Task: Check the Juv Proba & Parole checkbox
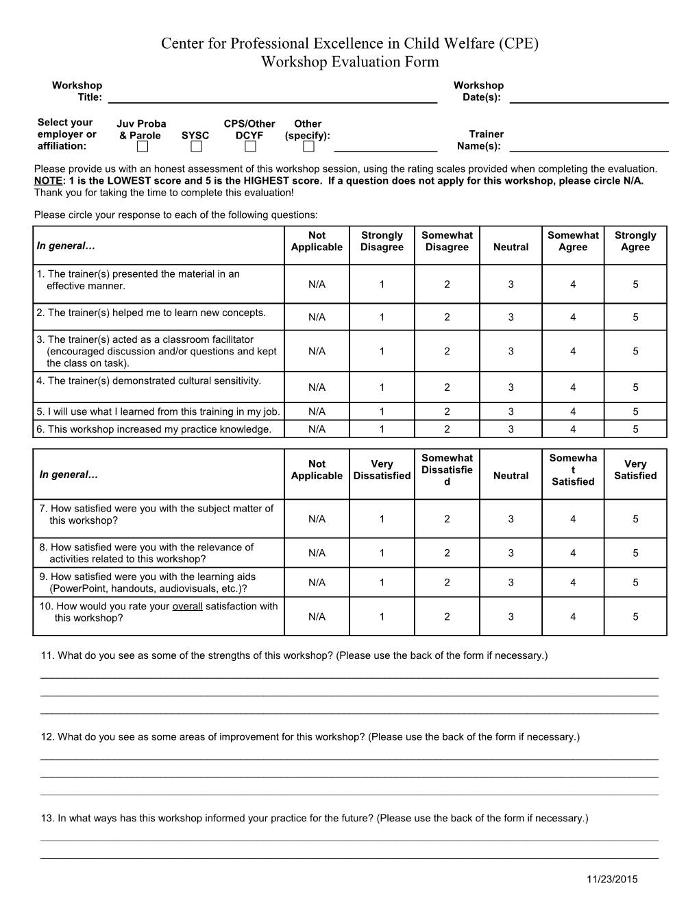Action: [x=142, y=147]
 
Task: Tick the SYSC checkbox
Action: [x=197, y=147]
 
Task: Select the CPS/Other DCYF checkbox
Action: [x=250, y=147]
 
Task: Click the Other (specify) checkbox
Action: [x=309, y=147]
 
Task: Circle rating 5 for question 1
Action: [x=635, y=285]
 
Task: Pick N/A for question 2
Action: [x=317, y=317]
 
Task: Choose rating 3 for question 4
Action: [x=511, y=387]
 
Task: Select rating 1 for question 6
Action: [x=382, y=429]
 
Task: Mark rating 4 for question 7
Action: [x=573, y=519]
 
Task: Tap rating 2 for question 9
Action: [x=447, y=583]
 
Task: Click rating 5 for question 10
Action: [x=635, y=616]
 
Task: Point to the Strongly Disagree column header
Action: [x=382, y=241]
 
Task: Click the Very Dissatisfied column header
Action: [x=382, y=470]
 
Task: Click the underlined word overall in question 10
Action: [x=187, y=606]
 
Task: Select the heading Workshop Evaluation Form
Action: [x=349, y=62]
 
